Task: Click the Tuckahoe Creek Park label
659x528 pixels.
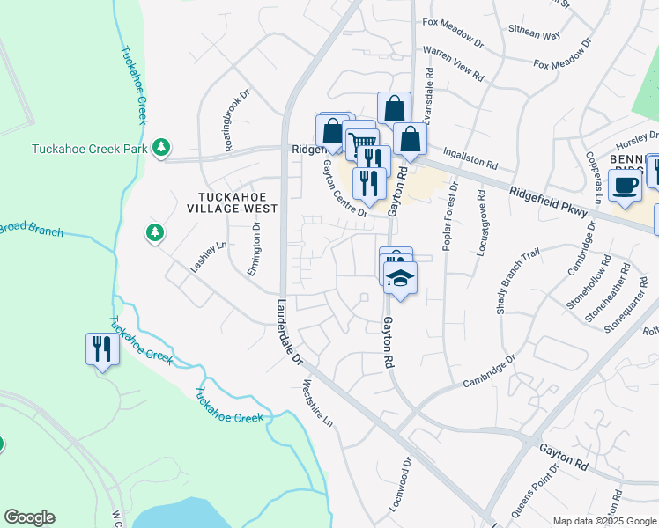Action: (89, 149)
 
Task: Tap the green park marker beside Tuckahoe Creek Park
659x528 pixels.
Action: (160, 147)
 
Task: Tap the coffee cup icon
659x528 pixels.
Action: (626, 186)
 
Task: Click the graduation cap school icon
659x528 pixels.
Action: (400, 279)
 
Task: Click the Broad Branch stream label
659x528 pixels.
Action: (32, 229)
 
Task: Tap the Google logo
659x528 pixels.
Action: (29, 517)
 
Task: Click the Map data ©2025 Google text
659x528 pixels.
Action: (603, 521)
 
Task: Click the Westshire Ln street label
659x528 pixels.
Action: (318, 403)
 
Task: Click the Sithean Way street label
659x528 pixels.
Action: (534, 34)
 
